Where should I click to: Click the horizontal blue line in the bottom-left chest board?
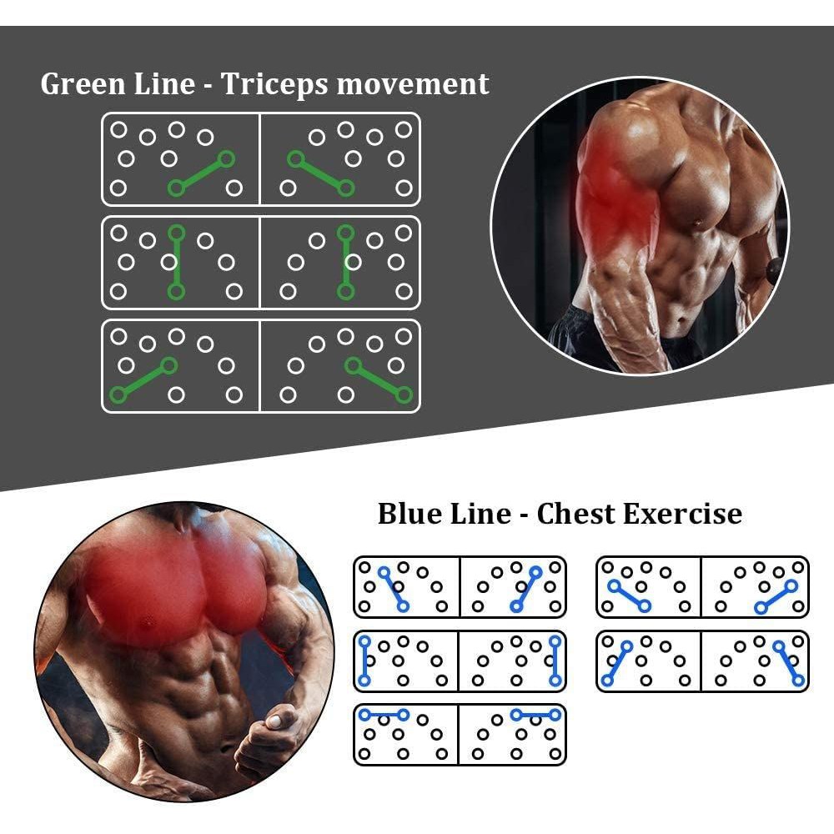point(383,715)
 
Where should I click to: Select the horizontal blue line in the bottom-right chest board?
point(536,715)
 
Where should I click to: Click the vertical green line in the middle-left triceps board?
point(175,261)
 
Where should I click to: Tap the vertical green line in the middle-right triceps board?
point(345,261)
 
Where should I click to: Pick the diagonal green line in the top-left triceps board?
point(200,173)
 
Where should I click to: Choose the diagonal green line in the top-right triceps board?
point(320,173)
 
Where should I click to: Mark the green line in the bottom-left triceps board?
point(143,379)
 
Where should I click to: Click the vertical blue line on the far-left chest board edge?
point(364,661)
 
